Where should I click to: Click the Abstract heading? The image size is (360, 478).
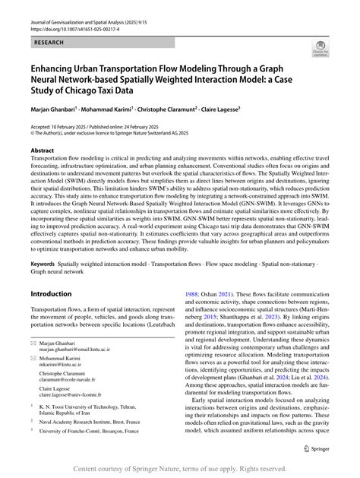click(x=43, y=150)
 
